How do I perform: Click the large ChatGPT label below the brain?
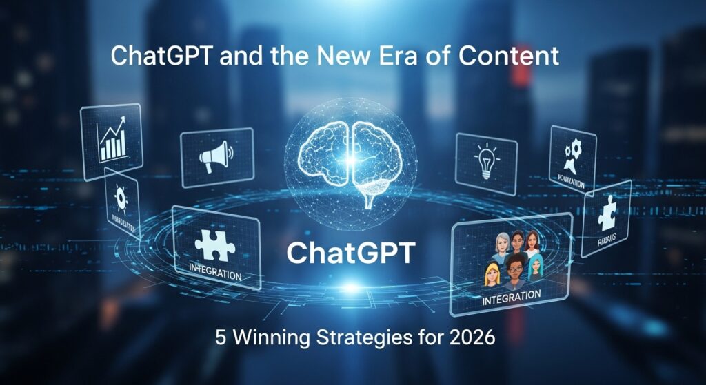point(351,253)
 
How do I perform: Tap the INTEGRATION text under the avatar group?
point(511,296)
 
